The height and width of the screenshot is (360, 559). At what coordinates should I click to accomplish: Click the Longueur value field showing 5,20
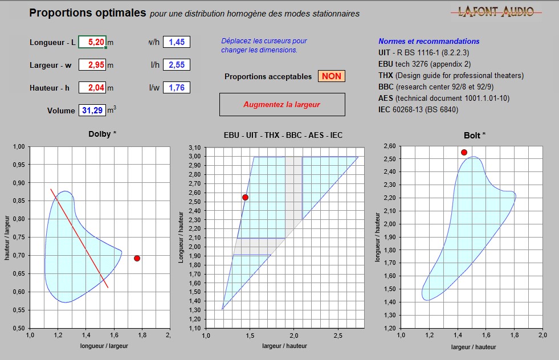tap(92, 42)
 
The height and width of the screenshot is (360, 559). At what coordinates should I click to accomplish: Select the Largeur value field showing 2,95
tap(92, 65)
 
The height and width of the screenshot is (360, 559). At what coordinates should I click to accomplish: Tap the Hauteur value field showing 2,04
tap(92, 88)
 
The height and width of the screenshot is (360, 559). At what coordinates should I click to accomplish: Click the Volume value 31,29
tap(92, 111)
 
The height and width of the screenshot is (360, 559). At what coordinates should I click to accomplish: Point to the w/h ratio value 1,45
tap(176, 42)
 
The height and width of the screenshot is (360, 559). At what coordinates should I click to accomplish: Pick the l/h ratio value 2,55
tap(176, 65)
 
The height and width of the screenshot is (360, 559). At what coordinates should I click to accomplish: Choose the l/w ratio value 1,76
tap(176, 88)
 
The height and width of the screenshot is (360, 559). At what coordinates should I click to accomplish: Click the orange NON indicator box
tap(332, 76)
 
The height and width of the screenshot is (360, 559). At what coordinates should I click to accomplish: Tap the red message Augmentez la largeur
tap(281, 104)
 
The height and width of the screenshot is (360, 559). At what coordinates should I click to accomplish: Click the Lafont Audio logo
tap(496, 11)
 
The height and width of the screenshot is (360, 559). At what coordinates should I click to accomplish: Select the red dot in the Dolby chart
tap(137, 259)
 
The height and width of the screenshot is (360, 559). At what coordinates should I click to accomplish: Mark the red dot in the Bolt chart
tap(464, 152)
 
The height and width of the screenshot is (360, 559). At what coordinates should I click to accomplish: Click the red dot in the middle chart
tap(245, 197)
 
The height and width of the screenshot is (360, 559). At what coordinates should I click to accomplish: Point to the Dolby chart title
tap(101, 134)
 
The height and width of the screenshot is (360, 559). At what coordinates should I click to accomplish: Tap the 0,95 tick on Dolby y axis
tap(18, 165)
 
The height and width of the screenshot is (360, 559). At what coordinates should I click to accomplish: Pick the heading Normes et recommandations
tap(429, 41)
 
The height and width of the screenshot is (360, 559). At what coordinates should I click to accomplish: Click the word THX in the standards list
tap(386, 75)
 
